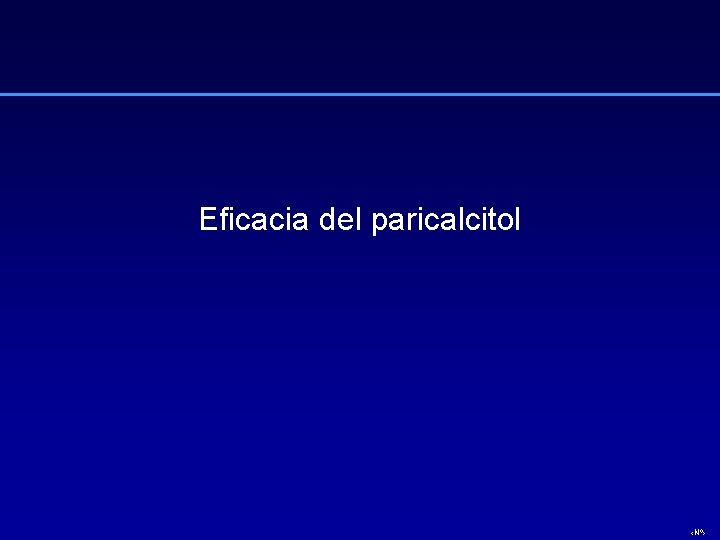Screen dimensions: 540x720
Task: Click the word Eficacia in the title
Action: click(255, 219)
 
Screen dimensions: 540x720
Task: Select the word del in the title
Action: click(340, 219)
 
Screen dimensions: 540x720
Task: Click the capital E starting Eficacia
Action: click(207, 219)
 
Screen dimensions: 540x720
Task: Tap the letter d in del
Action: click(327, 219)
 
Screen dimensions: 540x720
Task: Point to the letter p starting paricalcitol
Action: click(378, 223)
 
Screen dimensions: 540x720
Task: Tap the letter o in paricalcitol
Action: click(502, 221)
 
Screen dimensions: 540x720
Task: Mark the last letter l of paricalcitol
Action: click(516, 218)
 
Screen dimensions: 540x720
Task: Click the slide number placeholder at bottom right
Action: click(697, 531)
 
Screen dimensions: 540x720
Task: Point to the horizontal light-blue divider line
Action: click(360, 95)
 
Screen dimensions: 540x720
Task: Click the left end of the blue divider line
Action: click(3, 95)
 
